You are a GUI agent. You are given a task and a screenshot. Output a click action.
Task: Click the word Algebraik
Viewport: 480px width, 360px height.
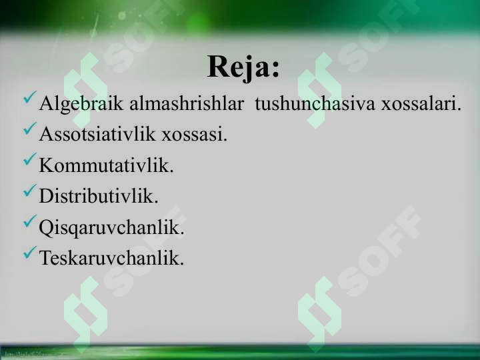pyautogui.click(x=81, y=104)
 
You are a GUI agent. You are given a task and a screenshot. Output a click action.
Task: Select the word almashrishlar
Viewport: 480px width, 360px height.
pyautogui.click(x=187, y=103)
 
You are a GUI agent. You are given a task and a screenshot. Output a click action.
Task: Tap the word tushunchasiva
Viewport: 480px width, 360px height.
pyautogui.click(x=315, y=103)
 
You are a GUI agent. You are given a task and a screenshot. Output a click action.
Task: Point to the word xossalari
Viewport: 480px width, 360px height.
pyautogui.click(x=421, y=103)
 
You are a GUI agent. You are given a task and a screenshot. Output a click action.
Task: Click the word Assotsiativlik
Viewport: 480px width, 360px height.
pyautogui.click(x=97, y=134)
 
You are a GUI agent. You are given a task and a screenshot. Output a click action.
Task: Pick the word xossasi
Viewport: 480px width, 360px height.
pyautogui.click(x=195, y=135)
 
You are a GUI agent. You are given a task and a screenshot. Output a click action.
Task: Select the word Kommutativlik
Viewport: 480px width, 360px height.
pyautogui.click(x=106, y=165)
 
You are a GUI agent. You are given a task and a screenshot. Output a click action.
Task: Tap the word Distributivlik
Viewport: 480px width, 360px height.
pyautogui.click(x=99, y=195)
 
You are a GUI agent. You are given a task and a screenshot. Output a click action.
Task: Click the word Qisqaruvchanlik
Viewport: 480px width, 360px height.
pyautogui.click(x=112, y=228)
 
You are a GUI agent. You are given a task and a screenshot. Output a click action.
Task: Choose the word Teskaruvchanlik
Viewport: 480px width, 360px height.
pyautogui.click(x=111, y=257)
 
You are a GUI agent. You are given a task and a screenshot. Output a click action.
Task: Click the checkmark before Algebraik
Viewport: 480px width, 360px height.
pyautogui.click(x=30, y=97)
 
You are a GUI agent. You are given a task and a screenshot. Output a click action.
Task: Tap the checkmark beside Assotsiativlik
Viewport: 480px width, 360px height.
pyautogui.click(x=30, y=128)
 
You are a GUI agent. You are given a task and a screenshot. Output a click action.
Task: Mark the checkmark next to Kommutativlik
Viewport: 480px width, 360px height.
pyautogui.click(x=30, y=159)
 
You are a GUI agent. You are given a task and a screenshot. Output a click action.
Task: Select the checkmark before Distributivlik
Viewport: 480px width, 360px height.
pyautogui.click(x=30, y=191)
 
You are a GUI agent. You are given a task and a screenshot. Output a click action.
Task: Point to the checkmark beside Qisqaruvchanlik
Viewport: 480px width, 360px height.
pyautogui.click(x=30, y=221)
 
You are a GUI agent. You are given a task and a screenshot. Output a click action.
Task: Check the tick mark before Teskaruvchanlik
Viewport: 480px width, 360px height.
pyautogui.click(x=30, y=252)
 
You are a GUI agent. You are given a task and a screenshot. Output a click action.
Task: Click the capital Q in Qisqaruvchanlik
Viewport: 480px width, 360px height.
pyautogui.click(x=47, y=229)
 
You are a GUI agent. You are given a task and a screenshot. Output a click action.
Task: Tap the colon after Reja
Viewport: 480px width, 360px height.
pyautogui.click(x=275, y=69)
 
